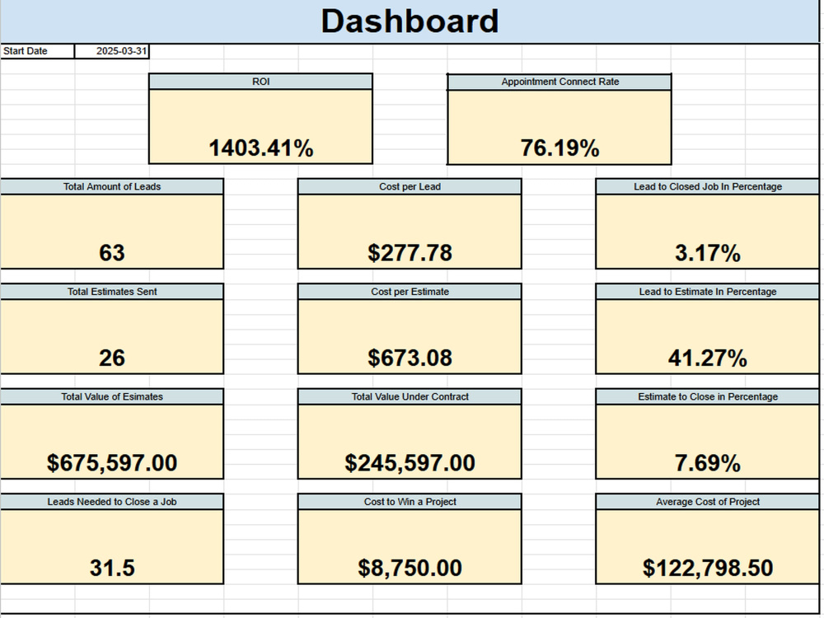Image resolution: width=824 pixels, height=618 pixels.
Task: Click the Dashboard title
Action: point(410,21)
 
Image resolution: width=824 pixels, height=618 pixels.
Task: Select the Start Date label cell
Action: point(37,51)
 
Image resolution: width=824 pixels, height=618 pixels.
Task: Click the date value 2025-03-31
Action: point(121,51)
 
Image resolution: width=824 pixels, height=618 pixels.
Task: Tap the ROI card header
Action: point(260,82)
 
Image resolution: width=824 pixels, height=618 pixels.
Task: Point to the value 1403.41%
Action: point(260,147)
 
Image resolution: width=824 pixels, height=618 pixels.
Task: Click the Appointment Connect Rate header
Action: point(559,82)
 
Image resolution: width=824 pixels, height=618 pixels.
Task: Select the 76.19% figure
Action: point(559,147)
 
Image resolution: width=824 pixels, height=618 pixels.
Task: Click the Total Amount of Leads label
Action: point(112,186)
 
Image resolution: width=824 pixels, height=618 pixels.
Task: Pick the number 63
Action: point(112,253)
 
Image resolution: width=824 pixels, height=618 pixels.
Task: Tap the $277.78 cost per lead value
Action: point(410,253)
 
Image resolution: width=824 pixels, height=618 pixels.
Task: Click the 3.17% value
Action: point(707,253)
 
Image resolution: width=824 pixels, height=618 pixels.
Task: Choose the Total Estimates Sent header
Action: point(112,292)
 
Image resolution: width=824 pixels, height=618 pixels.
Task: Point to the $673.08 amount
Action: point(410,358)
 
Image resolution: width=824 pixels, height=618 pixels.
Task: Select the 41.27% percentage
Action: point(707,358)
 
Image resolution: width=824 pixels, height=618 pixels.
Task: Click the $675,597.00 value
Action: point(112,463)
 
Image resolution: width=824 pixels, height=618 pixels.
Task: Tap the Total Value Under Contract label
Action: point(410,397)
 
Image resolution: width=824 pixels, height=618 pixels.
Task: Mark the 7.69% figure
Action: point(707,463)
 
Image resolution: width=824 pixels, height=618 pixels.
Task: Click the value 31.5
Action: point(112,568)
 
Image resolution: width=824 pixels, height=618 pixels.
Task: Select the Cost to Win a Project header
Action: point(410,502)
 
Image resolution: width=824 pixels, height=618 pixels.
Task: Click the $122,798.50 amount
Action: point(707,568)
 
